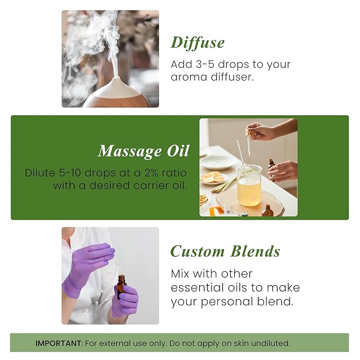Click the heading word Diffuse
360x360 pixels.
[x=198, y=42]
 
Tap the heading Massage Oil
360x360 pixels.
[x=144, y=151]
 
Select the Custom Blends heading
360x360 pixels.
[x=225, y=251]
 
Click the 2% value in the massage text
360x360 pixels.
[x=140, y=173]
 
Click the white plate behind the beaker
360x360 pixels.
[x=218, y=162]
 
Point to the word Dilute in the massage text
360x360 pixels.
[x=40, y=173]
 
